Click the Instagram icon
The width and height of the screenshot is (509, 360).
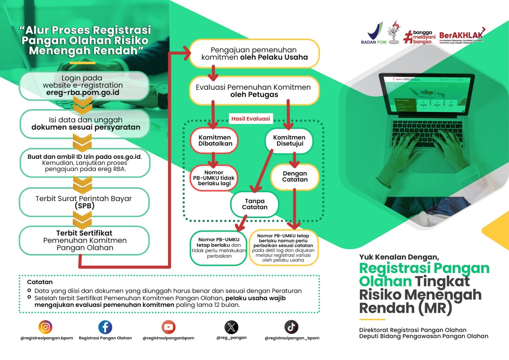45,327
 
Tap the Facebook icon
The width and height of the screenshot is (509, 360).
105,327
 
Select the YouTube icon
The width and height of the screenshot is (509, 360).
168,327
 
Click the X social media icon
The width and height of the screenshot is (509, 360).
231,327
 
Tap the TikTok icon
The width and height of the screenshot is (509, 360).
291,327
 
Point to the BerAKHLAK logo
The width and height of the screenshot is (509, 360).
461,36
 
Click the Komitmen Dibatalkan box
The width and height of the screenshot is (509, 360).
215,140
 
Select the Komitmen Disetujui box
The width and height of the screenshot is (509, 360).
289,140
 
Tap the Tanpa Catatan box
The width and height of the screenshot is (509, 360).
254,204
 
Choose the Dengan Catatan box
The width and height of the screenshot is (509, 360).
295,176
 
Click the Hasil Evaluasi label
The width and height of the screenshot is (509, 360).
251,119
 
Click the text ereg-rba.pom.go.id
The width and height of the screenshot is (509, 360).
83,93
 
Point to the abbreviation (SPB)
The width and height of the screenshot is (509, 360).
85,206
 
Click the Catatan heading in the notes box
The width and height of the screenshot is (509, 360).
40,282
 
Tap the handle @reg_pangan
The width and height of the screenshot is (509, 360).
231,338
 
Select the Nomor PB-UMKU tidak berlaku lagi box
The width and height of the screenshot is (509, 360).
214,178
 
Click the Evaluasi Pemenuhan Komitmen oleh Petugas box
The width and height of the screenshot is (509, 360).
254,91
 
